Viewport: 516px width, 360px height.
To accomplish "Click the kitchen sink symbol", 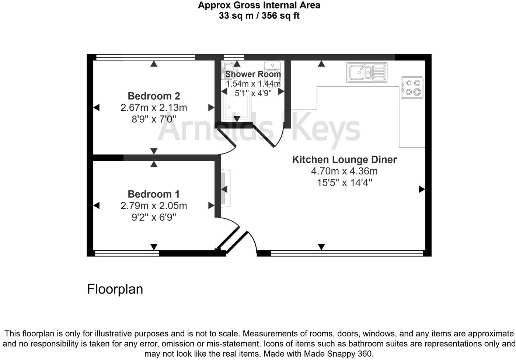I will (x=367, y=72).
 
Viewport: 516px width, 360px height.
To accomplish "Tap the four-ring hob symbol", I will (x=412, y=87).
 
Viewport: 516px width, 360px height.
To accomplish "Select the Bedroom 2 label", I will (x=154, y=96).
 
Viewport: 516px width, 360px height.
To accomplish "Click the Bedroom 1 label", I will (x=154, y=194).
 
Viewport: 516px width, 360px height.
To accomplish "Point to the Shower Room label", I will (x=253, y=74).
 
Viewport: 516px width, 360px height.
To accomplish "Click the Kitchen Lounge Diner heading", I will (x=344, y=159).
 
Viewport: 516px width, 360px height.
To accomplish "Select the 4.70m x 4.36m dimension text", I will (x=344, y=171).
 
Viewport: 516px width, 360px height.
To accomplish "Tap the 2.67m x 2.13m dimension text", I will (x=154, y=108).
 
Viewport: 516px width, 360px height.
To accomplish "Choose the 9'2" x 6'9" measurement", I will (x=154, y=217).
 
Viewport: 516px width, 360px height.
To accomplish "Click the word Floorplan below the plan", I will (x=115, y=289).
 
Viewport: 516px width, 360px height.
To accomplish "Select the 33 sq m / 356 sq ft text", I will (x=259, y=16).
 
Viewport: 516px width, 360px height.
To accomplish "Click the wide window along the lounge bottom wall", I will (x=346, y=253).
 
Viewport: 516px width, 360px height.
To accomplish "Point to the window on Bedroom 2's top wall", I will (x=145, y=57).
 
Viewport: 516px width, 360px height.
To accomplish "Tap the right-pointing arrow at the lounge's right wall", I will (x=422, y=189).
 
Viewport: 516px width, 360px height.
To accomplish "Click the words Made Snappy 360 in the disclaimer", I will (x=338, y=353).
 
